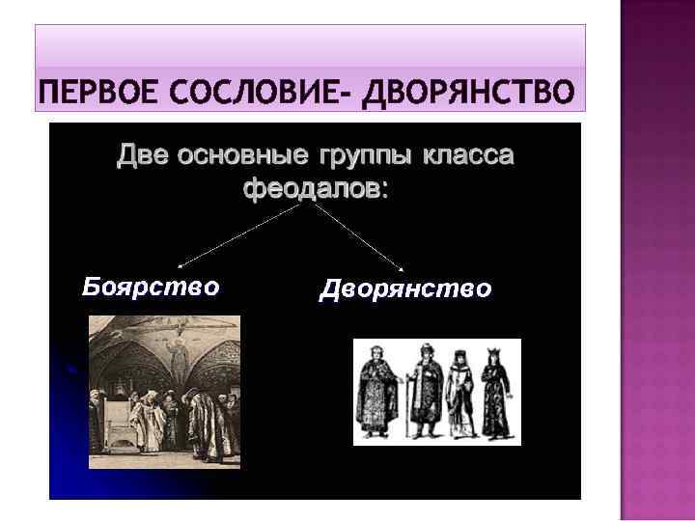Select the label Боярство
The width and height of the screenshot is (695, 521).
(x=150, y=287)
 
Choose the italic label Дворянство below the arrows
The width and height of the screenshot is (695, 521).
(x=404, y=288)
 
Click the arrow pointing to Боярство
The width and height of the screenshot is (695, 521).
(x=241, y=234)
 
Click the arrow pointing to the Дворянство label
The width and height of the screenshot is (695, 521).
(x=359, y=236)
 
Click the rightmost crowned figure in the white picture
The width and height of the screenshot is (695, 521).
(x=496, y=394)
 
